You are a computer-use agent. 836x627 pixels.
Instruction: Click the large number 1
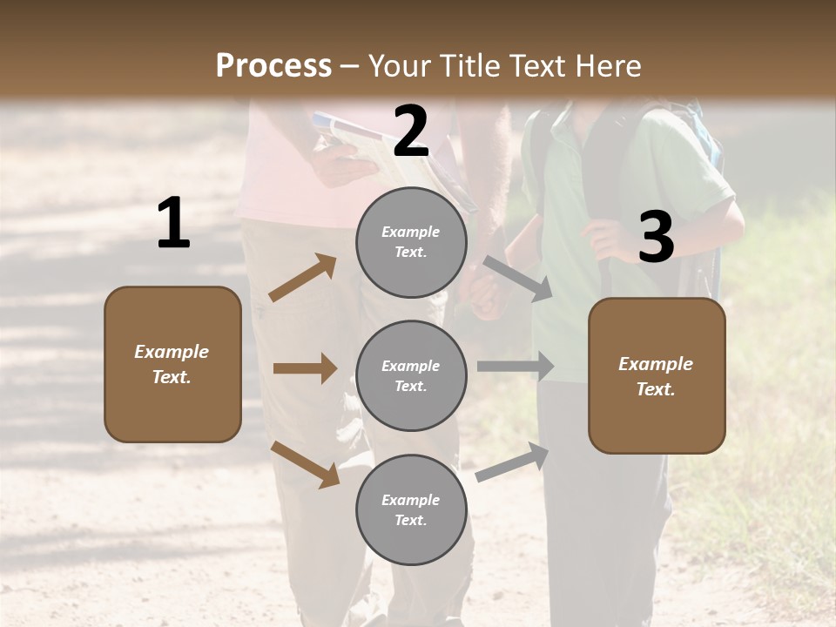coord(173,225)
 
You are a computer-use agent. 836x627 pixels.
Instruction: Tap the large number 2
coord(411,132)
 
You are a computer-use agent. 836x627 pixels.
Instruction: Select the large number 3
coord(656,238)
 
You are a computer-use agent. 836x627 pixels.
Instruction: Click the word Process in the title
coord(273,65)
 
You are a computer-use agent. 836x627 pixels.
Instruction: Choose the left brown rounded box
coord(172,364)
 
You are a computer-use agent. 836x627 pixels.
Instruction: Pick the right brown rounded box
coord(657,375)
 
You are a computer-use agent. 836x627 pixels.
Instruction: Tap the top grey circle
coord(411,242)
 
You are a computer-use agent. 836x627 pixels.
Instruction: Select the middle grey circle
coord(411,375)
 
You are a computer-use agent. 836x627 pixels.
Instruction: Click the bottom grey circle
coord(411,509)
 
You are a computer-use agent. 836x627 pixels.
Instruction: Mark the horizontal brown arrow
coord(305,368)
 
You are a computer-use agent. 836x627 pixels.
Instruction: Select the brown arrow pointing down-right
coord(306,464)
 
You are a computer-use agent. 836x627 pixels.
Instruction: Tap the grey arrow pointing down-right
coord(517,278)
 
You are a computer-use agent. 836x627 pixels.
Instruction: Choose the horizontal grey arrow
coord(515,367)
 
